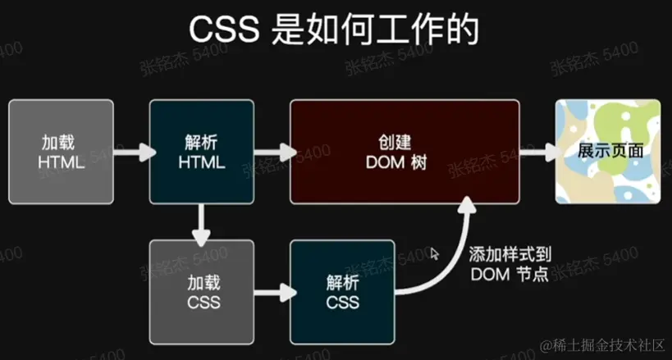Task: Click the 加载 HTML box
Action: click(x=61, y=151)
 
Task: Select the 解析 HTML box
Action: click(x=201, y=151)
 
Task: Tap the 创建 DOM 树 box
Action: click(x=405, y=151)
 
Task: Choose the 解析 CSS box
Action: click(x=343, y=292)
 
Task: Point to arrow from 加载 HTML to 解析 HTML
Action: click(x=131, y=152)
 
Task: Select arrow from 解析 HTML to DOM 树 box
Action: click(x=272, y=152)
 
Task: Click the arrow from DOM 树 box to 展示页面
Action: click(x=537, y=152)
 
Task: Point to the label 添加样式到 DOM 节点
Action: click(x=510, y=264)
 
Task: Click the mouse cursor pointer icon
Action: click(x=435, y=253)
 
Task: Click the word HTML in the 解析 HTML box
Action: click(x=201, y=162)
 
